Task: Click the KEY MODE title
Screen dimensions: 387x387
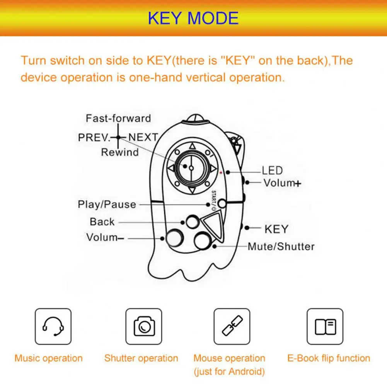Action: pyautogui.click(x=193, y=18)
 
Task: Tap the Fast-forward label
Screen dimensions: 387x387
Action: pyautogui.click(x=118, y=118)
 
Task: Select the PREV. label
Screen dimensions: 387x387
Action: pyautogui.click(x=94, y=137)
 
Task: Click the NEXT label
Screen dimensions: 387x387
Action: pyautogui.click(x=143, y=137)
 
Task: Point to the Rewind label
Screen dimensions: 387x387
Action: pyautogui.click(x=119, y=152)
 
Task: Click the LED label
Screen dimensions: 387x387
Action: pyautogui.click(x=272, y=170)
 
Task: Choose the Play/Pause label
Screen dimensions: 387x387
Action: pyautogui.click(x=107, y=204)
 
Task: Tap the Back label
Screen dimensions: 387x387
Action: pyautogui.click(x=102, y=222)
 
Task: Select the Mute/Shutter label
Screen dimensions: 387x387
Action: pyautogui.click(x=281, y=246)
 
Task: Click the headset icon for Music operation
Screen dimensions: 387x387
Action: pyautogui.click(x=53, y=326)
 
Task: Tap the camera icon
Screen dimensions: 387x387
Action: pyautogui.click(x=144, y=326)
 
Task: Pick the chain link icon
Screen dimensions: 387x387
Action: pyautogui.click(x=232, y=326)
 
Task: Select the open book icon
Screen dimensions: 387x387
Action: pyautogui.click(x=325, y=326)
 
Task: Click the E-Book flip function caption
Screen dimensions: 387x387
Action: pyautogui.click(x=329, y=358)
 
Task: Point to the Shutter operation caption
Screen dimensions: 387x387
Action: pyautogui.click(x=141, y=358)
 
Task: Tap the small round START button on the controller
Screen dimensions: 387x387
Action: pyautogui.click(x=222, y=204)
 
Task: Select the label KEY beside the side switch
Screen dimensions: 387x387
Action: pyautogui.click(x=276, y=229)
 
